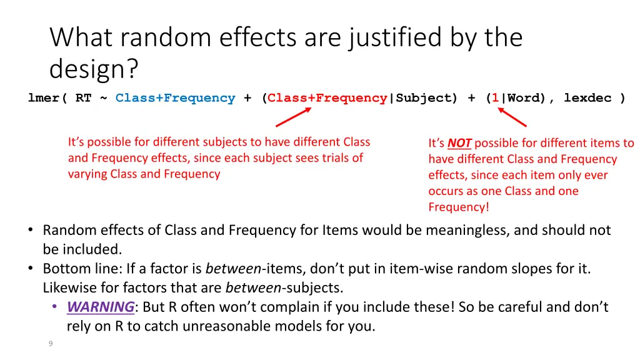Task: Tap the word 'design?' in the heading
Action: (94, 69)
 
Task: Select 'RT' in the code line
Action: (83, 98)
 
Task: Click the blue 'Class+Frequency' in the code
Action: (175, 98)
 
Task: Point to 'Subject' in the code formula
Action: (422, 98)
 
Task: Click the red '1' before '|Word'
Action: (495, 98)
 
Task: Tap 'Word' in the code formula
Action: (524, 98)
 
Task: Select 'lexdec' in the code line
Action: (587, 98)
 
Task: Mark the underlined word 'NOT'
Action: (459, 144)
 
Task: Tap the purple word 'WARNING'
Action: (100, 307)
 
